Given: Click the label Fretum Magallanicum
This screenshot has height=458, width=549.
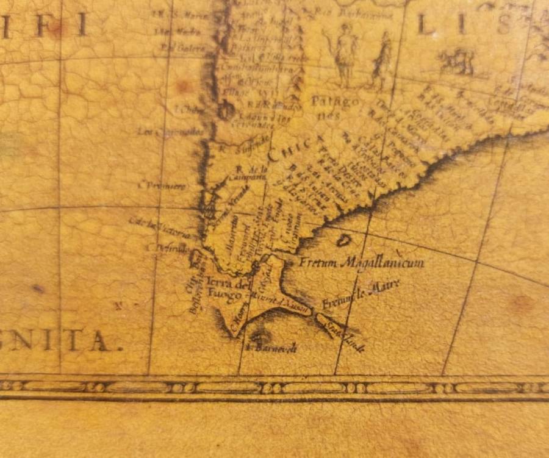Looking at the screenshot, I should pyautogui.click(x=362, y=263).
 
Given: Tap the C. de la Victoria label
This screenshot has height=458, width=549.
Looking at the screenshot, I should pyautogui.click(x=162, y=226).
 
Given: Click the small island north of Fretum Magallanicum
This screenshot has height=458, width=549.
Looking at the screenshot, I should pyautogui.click(x=345, y=240).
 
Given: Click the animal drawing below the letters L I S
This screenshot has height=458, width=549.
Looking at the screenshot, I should pyautogui.click(x=456, y=62).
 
